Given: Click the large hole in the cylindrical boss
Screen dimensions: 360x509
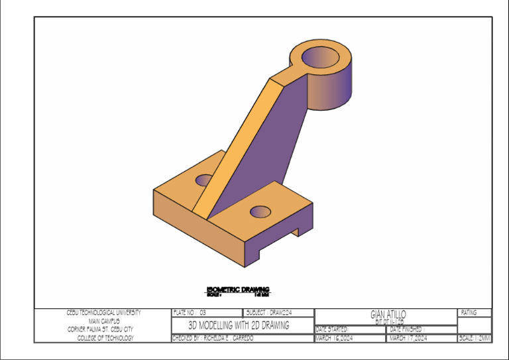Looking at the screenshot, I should [321, 58].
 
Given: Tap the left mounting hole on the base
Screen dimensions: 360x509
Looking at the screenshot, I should [205, 180].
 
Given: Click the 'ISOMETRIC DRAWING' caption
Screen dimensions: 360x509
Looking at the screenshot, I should [238, 290].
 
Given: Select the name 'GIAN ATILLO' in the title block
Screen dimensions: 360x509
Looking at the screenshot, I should [388, 314].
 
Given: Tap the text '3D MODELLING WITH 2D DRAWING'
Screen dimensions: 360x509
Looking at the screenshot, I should [239, 326].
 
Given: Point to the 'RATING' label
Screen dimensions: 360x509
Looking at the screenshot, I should [469, 312].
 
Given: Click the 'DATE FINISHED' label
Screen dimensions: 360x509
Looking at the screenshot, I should [408, 329].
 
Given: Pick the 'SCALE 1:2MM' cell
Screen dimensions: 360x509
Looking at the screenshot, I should [475, 338].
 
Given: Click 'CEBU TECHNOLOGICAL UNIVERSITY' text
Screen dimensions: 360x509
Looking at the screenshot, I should [103, 312].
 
